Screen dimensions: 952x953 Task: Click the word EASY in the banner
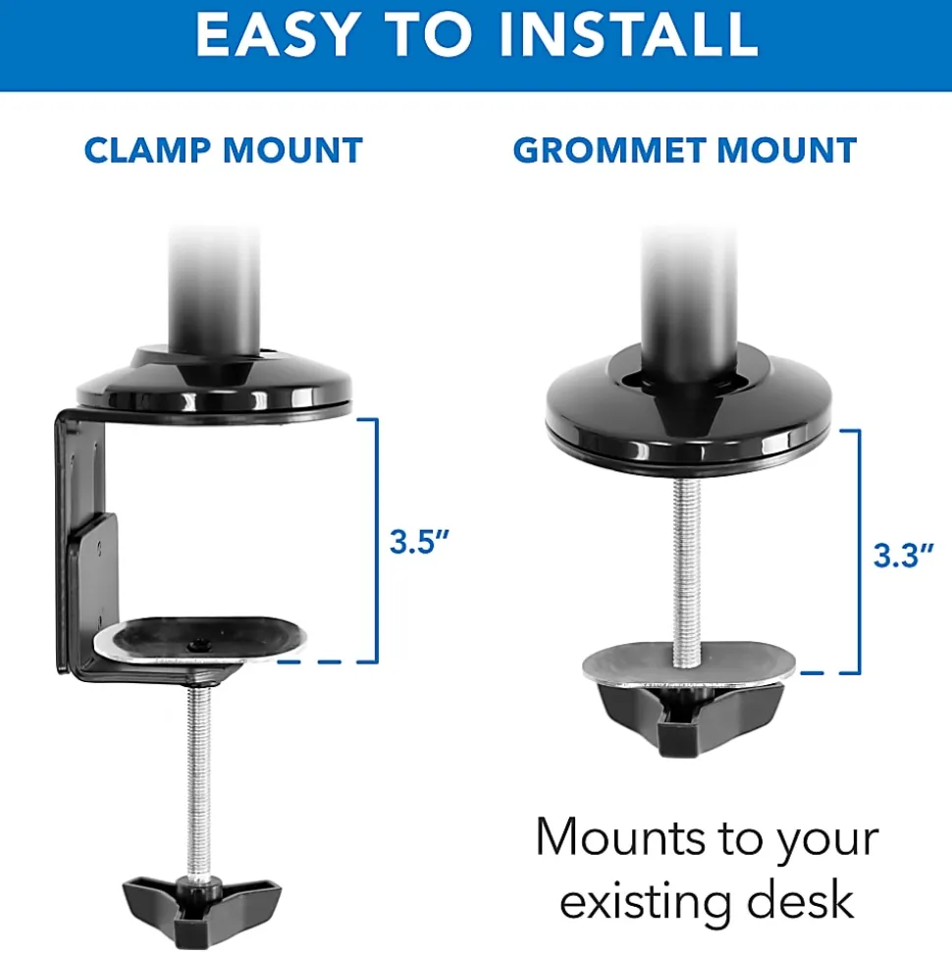[x=276, y=34]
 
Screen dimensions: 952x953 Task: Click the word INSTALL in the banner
[x=628, y=34]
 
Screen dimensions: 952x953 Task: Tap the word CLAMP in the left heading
[x=148, y=150]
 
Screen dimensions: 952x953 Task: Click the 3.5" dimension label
[x=419, y=541]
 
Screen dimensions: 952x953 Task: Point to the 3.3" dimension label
[x=903, y=555]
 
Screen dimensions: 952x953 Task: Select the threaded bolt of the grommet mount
[x=686, y=571]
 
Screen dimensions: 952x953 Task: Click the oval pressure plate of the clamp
[x=200, y=639]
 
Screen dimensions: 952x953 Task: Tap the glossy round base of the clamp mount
[x=214, y=385]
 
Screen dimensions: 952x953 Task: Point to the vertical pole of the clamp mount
[x=214, y=291]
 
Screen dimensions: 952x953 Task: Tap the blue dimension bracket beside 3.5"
[x=376, y=540]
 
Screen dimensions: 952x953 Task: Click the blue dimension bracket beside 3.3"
[x=859, y=552]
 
